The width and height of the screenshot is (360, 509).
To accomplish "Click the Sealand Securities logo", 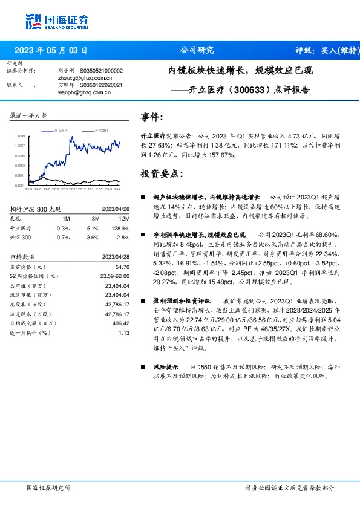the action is pos(54,22).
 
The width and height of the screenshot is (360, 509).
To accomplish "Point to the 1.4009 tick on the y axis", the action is pos(20,137).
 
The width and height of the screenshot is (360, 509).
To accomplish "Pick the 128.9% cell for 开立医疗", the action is pos(123,229).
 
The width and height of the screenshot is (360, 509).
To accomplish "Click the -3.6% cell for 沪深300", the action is pos(93,238).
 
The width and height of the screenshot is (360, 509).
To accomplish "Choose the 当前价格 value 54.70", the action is pos(122,267).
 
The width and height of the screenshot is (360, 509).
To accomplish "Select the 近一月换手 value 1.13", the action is pos(124,333).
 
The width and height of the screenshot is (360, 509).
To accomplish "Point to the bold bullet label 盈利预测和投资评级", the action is pos(181,317).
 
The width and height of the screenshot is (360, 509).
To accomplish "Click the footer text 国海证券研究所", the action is pos(48,487).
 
